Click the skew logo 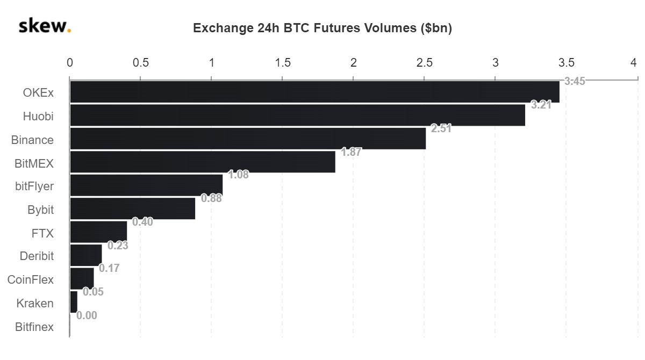[45, 26]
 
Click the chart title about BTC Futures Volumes [322, 28]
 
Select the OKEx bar [314, 92]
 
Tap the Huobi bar [297, 116]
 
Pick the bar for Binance [248, 139]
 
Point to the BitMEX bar [203, 162]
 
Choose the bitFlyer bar [146, 185]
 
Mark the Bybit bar [132, 209]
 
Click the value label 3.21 [541, 105]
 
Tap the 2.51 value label [441, 128]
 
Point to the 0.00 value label [87, 315]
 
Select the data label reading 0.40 [142, 222]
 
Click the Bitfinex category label [34, 327]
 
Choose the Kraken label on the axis [35, 303]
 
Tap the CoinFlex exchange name [31, 279]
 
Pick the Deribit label [37, 256]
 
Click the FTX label [42, 233]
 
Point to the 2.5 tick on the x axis [424, 62]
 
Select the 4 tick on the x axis [634, 62]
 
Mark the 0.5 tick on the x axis [140, 62]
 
